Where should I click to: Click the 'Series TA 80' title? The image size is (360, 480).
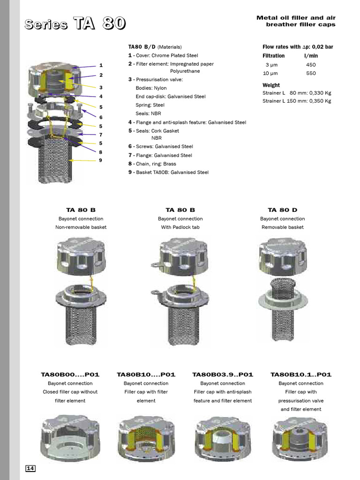(75, 23)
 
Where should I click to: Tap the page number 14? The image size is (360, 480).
(30, 469)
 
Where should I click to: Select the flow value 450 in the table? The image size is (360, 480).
(311, 65)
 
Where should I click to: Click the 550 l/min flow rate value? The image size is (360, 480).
(311, 74)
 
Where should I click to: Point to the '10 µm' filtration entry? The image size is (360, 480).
(270, 74)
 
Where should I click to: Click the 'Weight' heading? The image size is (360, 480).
(271, 85)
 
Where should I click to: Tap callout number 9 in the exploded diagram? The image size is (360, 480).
(100, 161)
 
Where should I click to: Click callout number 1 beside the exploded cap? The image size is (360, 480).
(100, 66)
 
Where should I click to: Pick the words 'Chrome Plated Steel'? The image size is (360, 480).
(174, 55)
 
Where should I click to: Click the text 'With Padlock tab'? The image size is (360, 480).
(180, 227)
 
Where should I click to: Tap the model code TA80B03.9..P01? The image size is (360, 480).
(223, 375)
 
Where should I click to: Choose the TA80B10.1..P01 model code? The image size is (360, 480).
(301, 375)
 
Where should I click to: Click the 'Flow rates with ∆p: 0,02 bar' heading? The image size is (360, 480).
(298, 47)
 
